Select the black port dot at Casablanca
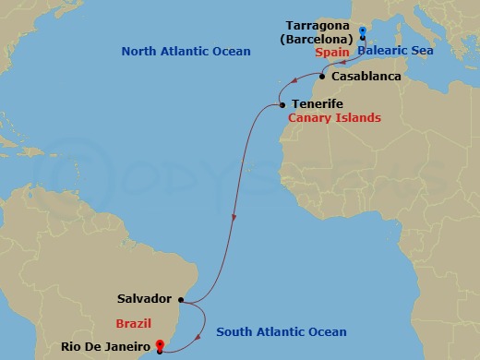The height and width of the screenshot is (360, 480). (x=322, y=76)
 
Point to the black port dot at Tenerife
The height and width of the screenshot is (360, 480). (x=282, y=105)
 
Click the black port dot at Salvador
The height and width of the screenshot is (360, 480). (x=182, y=299)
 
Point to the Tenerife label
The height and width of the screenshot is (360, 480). (x=318, y=104)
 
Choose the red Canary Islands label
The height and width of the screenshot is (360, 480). (x=334, y=119)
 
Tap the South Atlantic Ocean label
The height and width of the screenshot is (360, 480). (x=281, y=332)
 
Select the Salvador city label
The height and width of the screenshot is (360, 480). (x=145, y=299)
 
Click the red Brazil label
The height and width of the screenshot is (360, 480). (x=133, y=324)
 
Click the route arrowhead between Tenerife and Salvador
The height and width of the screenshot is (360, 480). (x=234, y=218)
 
